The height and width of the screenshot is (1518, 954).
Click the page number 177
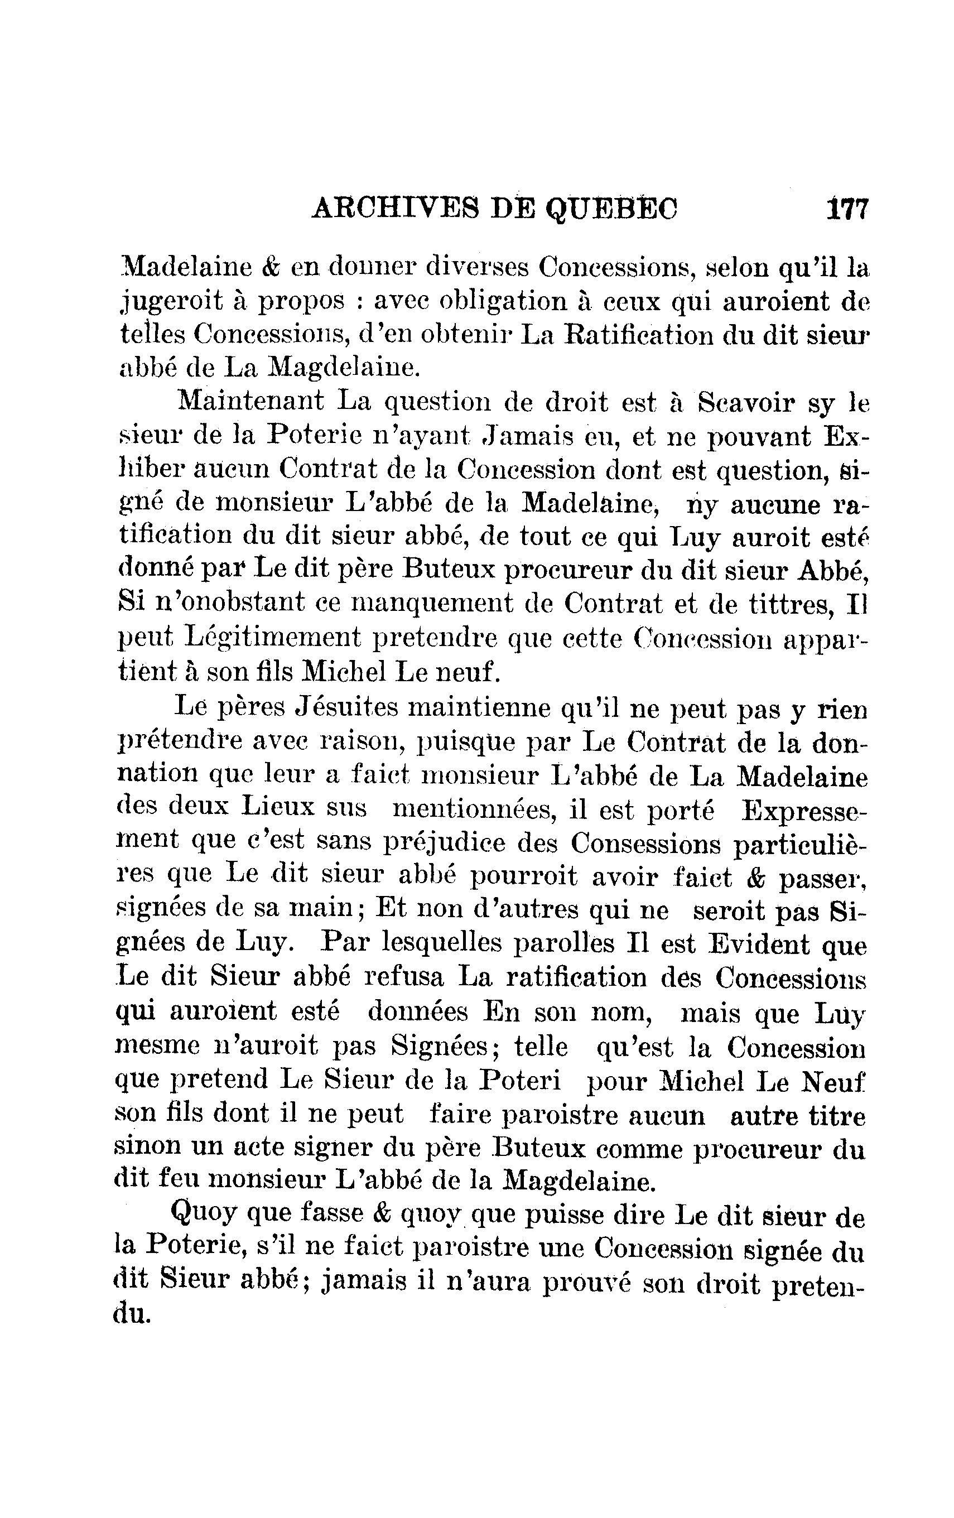(x=847, y=209)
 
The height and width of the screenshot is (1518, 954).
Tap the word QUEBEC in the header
(x=611, y=209)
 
